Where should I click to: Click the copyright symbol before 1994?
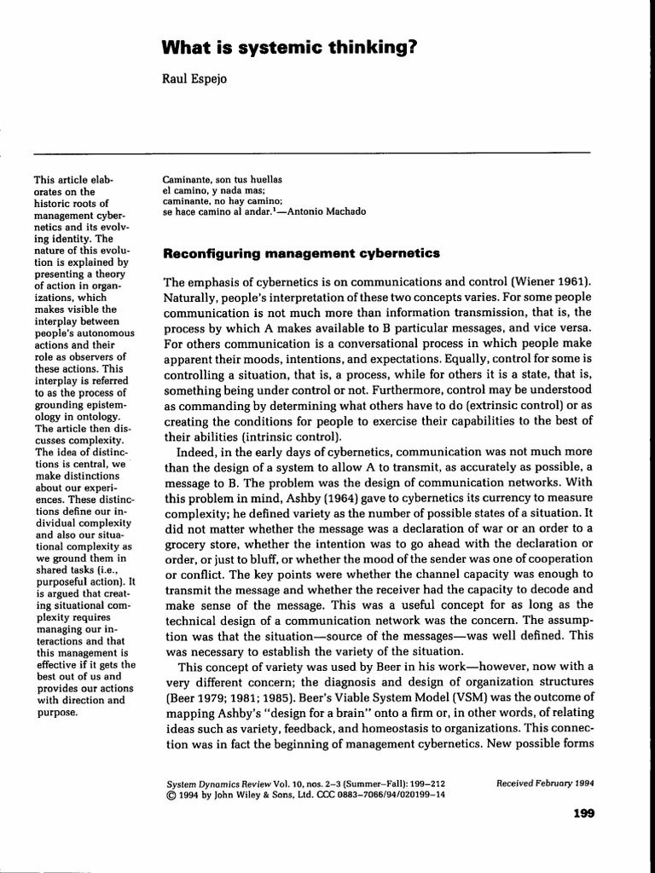tap(167, 794)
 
